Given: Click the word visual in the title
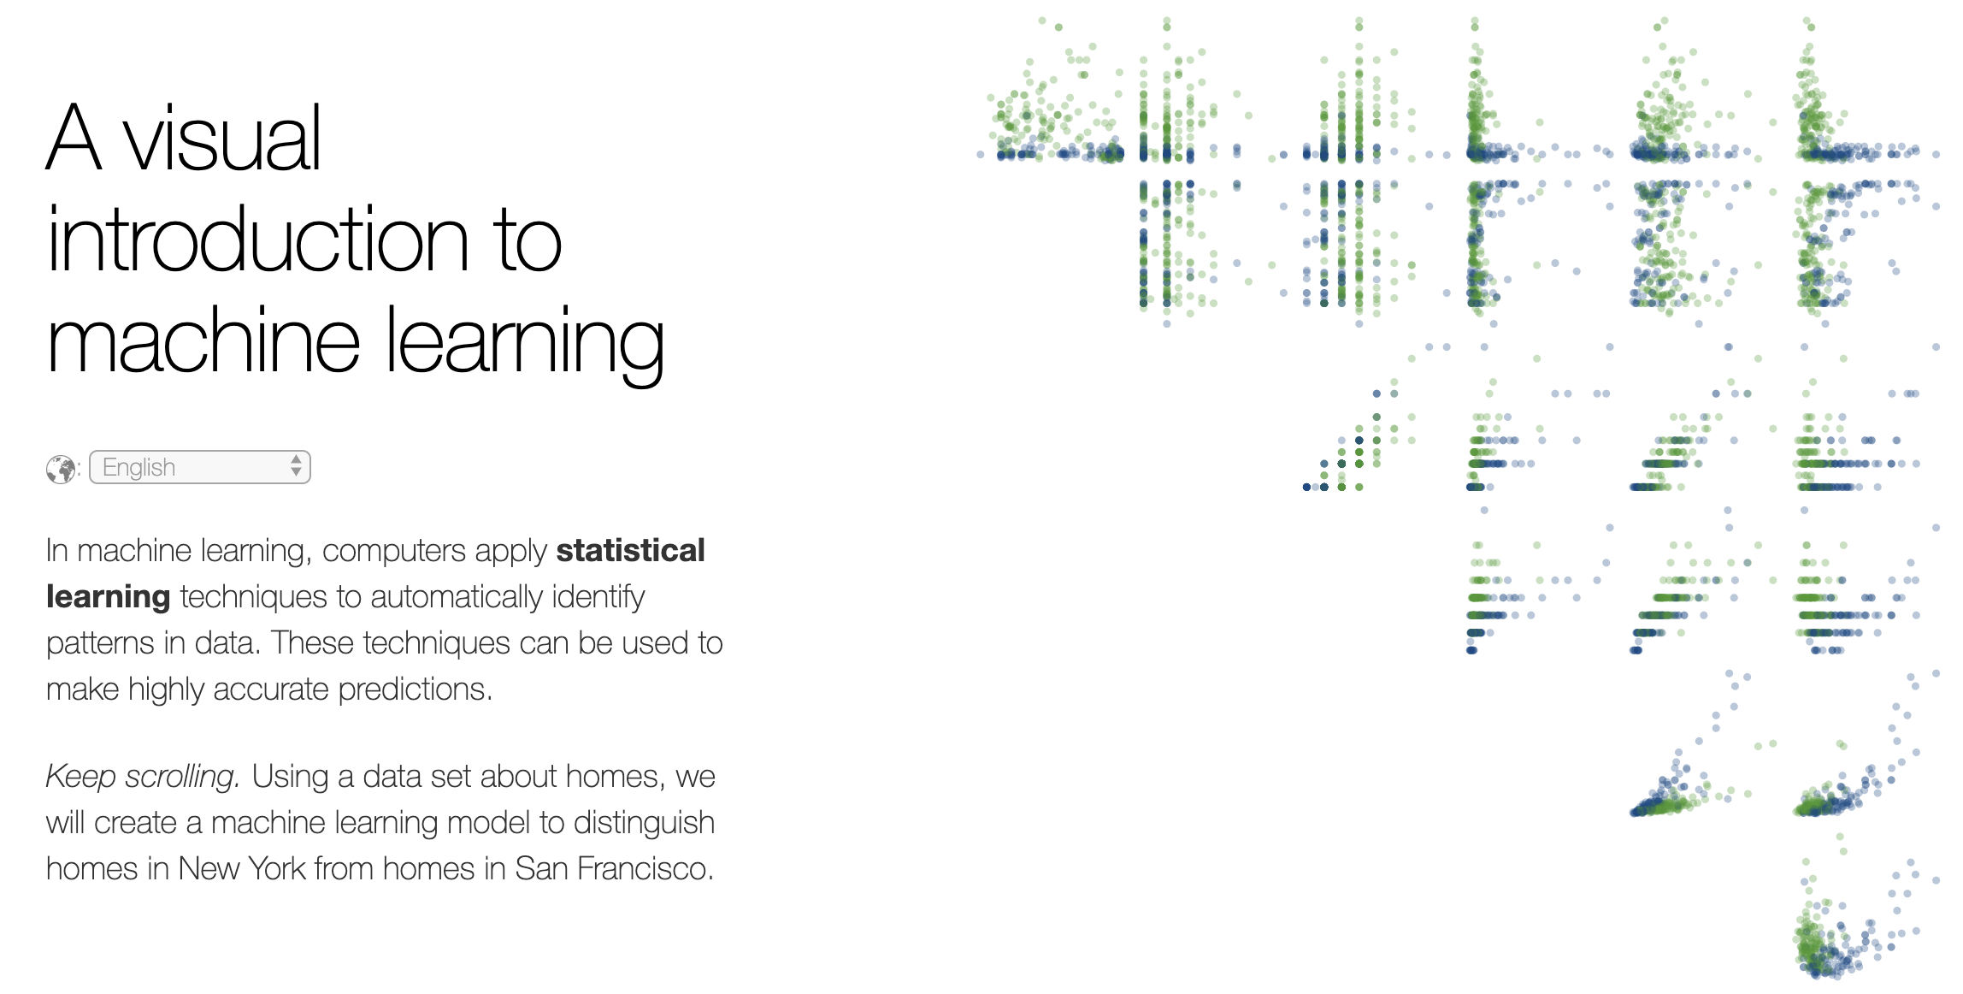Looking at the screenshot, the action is coord(223,139).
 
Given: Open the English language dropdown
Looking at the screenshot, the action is coord(200,467).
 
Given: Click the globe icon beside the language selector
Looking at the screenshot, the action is coord(61,469).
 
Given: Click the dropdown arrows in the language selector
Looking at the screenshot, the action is coord(296,466).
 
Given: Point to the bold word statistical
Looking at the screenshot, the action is coord(630,550).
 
